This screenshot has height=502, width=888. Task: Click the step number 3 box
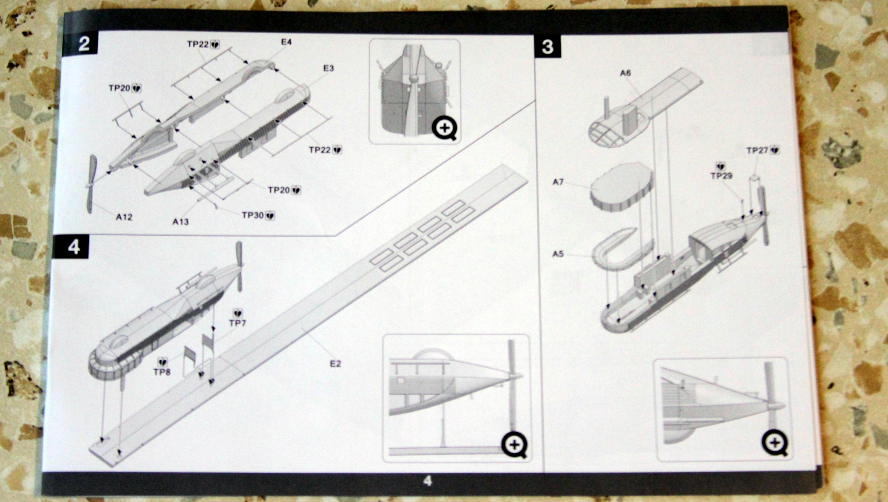[547, 47]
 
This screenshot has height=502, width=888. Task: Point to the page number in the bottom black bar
[427, 481]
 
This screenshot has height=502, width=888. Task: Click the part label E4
[286, 42]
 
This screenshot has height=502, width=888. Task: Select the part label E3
[328, 68]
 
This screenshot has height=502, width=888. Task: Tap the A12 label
[124, 217]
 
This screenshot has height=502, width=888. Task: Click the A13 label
[180, 222]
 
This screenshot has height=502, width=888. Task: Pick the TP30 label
[253, 215]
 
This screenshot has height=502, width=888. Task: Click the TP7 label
[237, 323]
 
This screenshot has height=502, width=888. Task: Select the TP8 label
[162, 372]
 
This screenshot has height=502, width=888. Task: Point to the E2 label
[335, 364]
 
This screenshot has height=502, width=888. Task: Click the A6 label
[625, 73]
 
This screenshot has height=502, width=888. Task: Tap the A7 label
[558, 182]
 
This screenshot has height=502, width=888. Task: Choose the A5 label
[558, 254]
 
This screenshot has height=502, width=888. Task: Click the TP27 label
[757, 150]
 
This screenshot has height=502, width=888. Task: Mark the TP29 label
[721, 176]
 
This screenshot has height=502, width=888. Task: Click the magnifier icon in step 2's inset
[445, 128]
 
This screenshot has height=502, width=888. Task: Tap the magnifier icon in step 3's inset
[775, 443]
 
